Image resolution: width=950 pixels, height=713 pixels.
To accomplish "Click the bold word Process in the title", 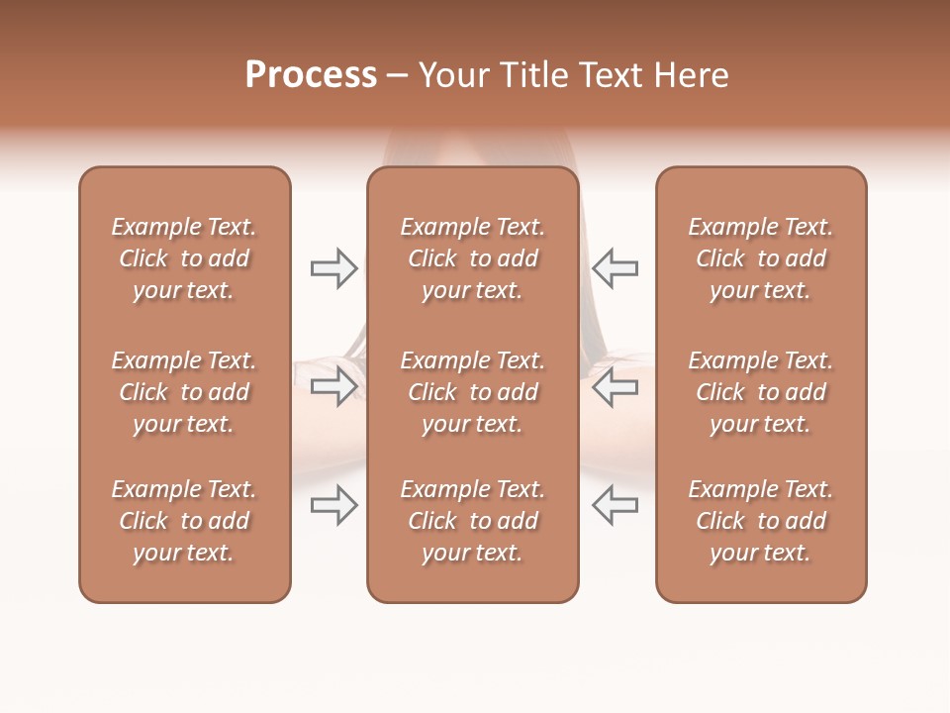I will click(311, 75).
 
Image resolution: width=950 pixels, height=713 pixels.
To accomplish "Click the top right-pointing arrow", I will click(333, 267).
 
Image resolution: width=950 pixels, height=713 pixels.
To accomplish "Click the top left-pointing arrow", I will click(616, 267).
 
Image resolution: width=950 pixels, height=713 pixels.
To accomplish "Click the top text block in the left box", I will click(184, 258).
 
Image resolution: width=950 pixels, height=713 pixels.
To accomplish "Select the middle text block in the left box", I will click(184, 392).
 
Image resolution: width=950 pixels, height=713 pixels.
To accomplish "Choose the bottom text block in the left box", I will click(184, 521).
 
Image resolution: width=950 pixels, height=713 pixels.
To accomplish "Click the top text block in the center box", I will click(473, 258).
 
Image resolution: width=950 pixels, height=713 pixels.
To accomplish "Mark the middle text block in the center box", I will click(473, 392).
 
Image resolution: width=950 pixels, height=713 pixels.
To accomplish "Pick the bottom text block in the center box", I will click(473, 521).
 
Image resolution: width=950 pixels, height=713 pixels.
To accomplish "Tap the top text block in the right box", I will click(761, 258).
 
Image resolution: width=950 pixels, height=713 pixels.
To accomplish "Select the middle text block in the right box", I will click(761, 392).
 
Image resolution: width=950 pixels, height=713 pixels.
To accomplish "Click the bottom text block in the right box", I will click(761, 521).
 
